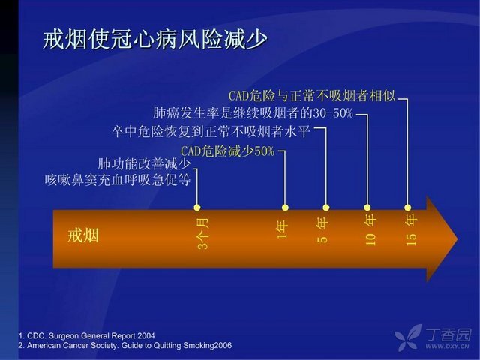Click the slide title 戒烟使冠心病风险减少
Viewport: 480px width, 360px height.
[155, 40]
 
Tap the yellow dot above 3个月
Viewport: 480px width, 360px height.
[197, 208]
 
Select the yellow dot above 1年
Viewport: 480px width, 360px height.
[285, 208]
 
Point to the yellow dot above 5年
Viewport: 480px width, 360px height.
[326, 208]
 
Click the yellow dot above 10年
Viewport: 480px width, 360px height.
[367, 208]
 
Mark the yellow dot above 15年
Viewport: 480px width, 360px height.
[407, 208]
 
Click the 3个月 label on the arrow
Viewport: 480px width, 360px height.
[203, 234]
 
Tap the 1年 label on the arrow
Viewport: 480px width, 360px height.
[283, 229]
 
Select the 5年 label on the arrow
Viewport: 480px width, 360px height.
[322, 229]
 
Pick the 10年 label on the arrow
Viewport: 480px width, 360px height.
[370, 229]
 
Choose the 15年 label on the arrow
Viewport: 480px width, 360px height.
[411, 229]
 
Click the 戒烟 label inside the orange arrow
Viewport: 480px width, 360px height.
[83, 235]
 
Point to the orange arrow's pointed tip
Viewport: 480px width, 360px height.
[458, 239]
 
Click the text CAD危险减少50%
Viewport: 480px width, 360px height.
[227, 151]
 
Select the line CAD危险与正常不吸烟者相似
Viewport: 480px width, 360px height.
[312, 96]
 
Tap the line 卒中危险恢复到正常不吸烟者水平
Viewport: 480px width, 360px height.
[211, 132]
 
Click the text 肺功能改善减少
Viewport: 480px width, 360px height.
[144, 164]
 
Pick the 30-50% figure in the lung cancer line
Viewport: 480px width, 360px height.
[333, 113]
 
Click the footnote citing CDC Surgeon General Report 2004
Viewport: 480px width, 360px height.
[87, 335]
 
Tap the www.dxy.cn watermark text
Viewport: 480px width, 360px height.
[447, 346]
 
